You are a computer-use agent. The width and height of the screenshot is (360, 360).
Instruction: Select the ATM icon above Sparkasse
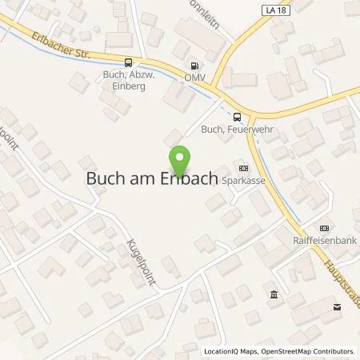click(x=243, y=167)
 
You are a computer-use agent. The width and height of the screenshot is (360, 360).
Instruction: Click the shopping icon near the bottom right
click(x=336, y=306)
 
